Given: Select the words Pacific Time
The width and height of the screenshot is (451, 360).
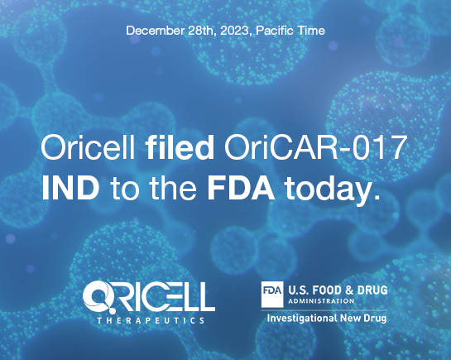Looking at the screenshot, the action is point(290,31).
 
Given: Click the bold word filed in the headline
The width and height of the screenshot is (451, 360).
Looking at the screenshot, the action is point(180,147).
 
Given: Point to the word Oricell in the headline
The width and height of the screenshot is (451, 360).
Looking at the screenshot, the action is point(88,147).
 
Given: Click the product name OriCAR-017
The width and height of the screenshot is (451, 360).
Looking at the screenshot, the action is point(315,147).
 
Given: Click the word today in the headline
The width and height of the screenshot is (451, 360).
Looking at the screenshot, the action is point(332,190).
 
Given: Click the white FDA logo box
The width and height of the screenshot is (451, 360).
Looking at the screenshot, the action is point(272,294).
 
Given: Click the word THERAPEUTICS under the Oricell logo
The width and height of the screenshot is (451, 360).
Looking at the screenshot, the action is point(151,320).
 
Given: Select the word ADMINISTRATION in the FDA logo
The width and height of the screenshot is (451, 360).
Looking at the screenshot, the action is point(321,301).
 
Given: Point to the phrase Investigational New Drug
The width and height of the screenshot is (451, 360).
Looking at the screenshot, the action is point(326,319).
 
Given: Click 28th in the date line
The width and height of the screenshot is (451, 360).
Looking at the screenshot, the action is point(202,31).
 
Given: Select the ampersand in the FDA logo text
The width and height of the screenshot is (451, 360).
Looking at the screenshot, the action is point(349,290).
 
